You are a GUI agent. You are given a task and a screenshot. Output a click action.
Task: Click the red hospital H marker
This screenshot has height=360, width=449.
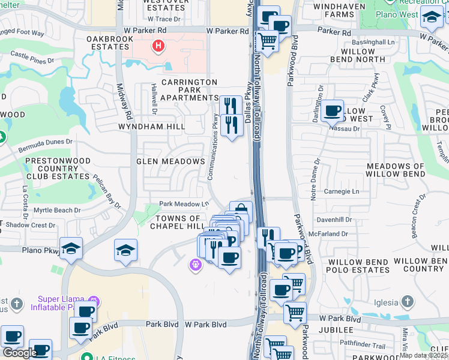pyautogui.click(x=158, y=46)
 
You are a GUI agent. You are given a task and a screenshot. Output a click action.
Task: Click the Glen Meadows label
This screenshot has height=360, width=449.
pyautogui.click(x=170, y=161)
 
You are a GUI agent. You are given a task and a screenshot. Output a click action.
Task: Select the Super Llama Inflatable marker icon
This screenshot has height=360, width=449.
pyautogui.click(x=92, y=301)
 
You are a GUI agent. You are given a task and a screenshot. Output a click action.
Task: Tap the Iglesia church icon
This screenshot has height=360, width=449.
pyautogui.click(x=408, y=301)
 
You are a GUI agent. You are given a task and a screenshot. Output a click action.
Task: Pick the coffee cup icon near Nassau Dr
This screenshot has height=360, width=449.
pyautogui.click(x=332, y=110)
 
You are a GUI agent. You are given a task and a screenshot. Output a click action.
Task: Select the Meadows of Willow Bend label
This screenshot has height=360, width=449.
pyautogui.click(x=395, y=170)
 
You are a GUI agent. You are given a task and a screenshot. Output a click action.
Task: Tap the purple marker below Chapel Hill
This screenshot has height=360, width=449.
pyautogui.click(x=195, y=264)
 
